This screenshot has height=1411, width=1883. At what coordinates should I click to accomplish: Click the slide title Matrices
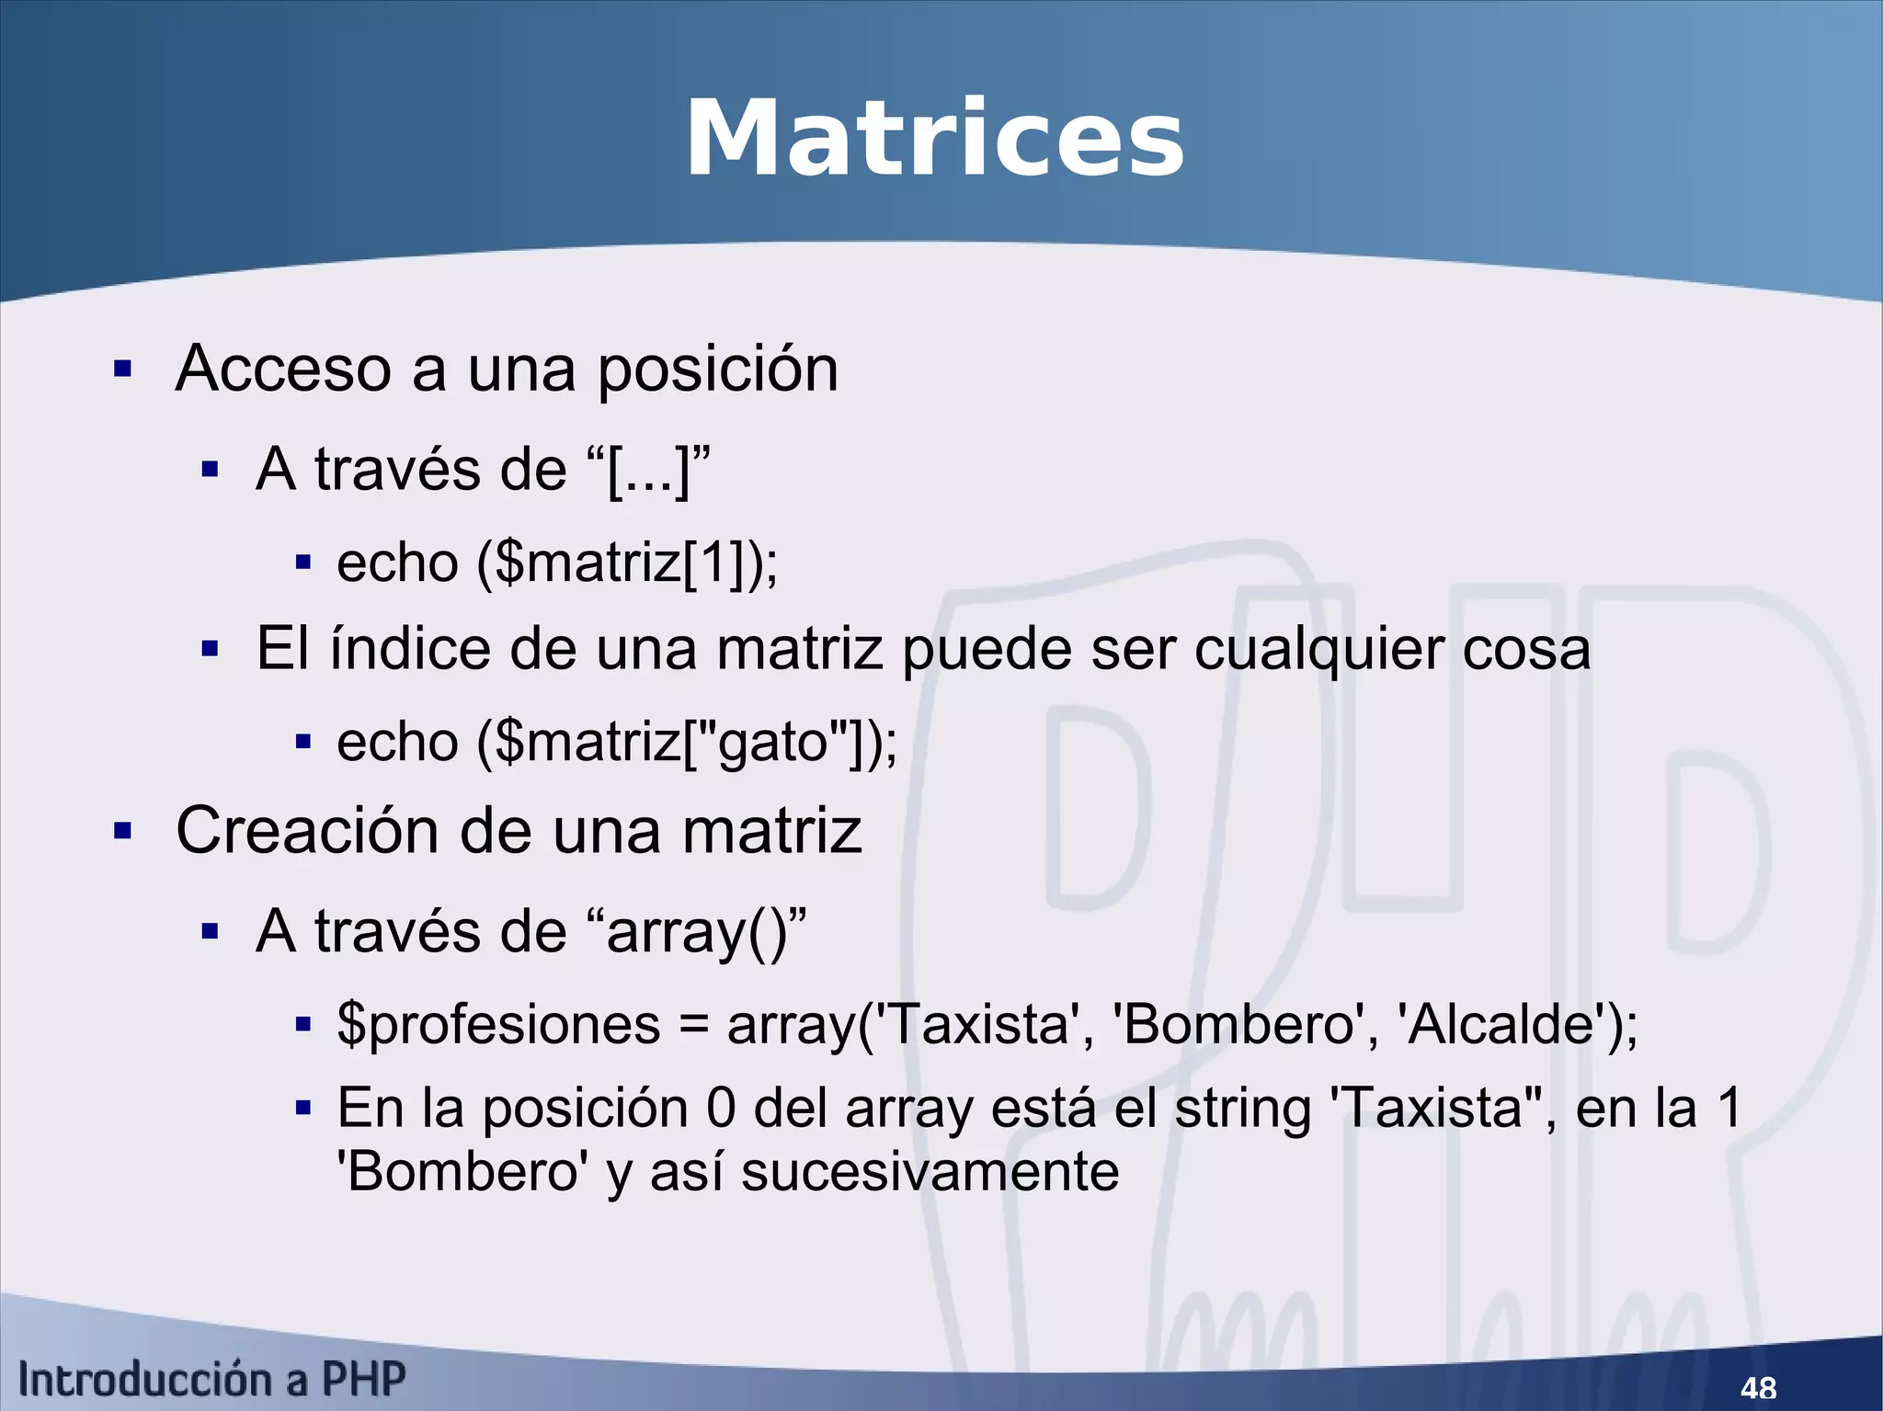tap(934, 139)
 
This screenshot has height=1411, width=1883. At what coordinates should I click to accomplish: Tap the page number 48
tap(1758, 1386)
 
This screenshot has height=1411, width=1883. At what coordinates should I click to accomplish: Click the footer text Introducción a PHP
tap(211, 1380)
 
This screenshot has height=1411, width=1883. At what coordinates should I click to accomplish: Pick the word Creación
tap(307, 830)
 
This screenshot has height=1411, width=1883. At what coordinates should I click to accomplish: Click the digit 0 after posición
tap(721, 1108)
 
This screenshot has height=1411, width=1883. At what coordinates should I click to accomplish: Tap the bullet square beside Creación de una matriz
tap(122, 831)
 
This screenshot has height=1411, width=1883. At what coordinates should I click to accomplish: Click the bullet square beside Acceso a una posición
tap(122, 370)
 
